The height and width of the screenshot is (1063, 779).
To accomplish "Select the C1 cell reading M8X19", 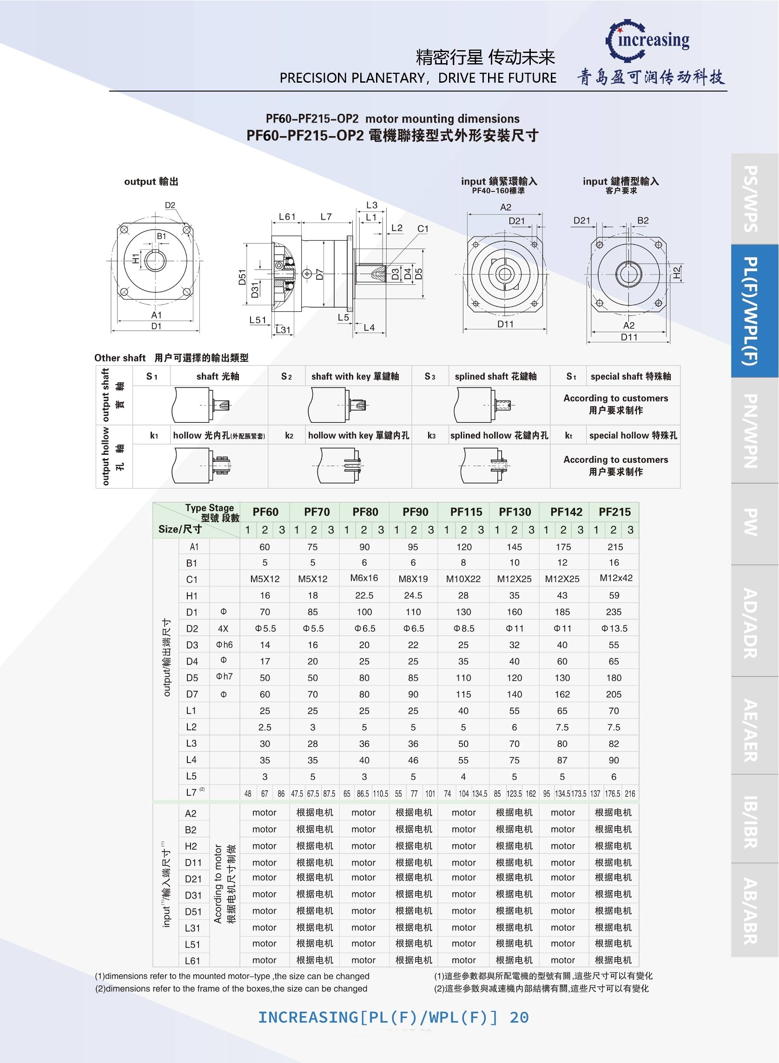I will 413,579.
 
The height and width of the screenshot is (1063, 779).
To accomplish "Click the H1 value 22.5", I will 364,595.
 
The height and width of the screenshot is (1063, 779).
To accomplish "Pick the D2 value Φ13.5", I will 614,629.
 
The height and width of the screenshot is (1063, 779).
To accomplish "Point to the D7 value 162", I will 562,695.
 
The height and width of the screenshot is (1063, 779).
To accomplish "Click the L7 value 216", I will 630,794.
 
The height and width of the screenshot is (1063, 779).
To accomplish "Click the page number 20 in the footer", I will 519,1018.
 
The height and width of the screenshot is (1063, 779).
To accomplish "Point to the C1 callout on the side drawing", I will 423,229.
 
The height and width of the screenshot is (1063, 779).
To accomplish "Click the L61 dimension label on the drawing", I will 287,217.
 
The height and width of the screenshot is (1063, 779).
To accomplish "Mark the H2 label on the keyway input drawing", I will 677,272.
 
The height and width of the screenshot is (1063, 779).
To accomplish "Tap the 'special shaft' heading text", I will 630,376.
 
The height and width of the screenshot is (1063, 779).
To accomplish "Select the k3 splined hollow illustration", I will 484,466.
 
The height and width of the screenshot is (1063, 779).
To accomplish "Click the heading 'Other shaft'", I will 120,358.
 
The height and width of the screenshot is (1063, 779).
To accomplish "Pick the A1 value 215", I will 615,547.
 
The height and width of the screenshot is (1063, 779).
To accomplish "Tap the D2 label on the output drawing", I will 170,205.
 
